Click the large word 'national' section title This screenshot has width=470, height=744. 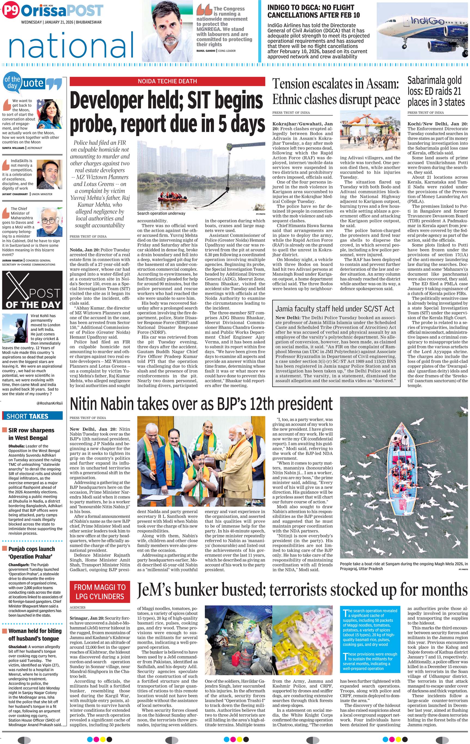[71, 46]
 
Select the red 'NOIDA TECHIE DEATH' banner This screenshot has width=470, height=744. [167, 81]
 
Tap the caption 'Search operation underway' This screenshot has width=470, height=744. [161, 213]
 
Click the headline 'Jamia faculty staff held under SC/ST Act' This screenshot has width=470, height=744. [335, 309]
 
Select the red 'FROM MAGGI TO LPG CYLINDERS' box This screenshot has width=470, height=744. [100, 592]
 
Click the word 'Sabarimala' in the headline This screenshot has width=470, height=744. [434, 81]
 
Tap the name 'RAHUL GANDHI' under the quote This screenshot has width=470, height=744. [205, 51]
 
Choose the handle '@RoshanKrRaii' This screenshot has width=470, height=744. [50, 403]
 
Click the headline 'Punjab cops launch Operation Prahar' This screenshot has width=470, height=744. [31, 552]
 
